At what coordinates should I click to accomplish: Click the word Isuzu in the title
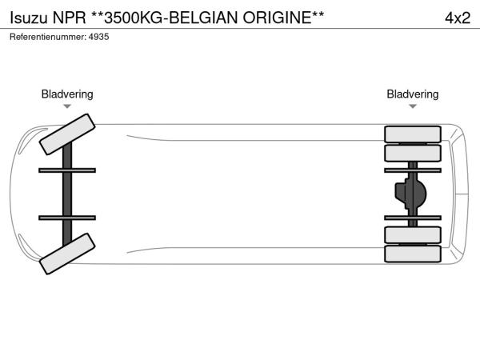click(x=29, y=18)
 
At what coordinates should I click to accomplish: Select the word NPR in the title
click(x=69, y=18)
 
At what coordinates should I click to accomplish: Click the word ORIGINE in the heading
click(x=278, y=18)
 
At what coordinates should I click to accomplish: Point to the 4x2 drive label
click(x=458, y=18)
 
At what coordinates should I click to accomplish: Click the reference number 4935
click(x=99, y=37)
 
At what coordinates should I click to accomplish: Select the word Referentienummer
click(x=48, y=37)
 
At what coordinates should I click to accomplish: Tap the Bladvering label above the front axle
click(x=67, y=94)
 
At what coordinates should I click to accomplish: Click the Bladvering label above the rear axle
click(x=413, y=94)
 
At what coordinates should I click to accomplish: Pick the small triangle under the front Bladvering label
click(x=67, y=106)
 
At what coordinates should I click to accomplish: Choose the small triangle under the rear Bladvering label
click(x=413, y=106)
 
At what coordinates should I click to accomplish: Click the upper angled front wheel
click(x=67, y=134)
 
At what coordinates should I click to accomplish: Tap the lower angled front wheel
click(x=67, y=254)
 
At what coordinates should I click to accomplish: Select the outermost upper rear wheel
click(x=413, y=134)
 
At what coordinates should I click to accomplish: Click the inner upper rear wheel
click(x=413, y=153)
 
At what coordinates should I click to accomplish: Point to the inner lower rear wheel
click(x=413, y=234)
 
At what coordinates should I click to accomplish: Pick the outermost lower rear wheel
click(x=413, y=254)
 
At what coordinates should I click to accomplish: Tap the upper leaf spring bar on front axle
click(x=67, y=170)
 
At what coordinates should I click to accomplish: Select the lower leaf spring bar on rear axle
click(x=413, y=218)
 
